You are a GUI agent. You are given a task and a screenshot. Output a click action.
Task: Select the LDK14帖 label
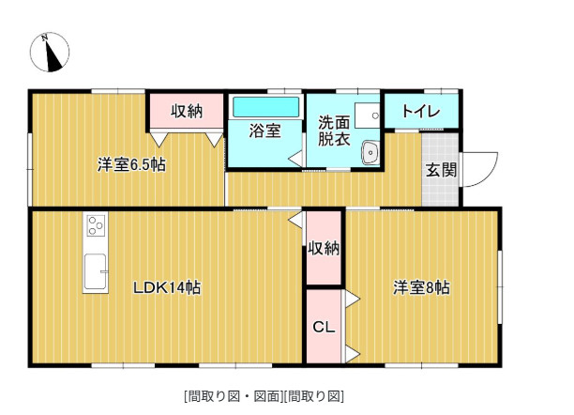pos(166,287)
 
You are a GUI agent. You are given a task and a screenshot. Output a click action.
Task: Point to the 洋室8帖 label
pos(420,287)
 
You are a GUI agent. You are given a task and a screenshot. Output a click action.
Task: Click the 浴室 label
pos(264,131)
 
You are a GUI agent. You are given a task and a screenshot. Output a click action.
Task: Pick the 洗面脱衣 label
pos(333,131)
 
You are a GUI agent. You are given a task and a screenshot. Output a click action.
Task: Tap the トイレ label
pos(421,111)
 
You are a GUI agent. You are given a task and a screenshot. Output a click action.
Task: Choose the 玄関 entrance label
pos(441,170)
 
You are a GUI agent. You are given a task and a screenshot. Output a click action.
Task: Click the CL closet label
pos(324,328)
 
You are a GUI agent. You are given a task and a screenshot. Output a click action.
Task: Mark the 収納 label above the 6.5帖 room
pos(186,111)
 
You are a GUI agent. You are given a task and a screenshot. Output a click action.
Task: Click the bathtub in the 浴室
pos(265,106)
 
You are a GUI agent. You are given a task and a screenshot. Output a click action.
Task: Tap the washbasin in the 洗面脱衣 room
pos(370,151)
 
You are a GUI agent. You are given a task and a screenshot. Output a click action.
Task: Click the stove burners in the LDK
pos(97,225)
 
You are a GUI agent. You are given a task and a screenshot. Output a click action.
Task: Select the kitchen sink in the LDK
pos(96,271)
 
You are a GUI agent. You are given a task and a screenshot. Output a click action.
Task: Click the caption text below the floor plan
pos(264,395)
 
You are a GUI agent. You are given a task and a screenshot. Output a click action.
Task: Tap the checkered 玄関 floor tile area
pos(440,188)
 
